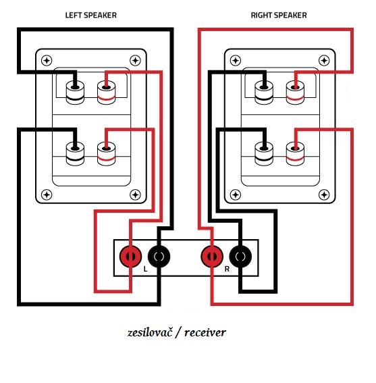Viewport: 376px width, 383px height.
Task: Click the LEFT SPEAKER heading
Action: (91, 15)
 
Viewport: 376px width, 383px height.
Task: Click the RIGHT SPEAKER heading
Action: (279, 15)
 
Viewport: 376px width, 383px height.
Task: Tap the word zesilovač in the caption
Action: (150, 333)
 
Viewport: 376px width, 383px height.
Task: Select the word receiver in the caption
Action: (205, 333)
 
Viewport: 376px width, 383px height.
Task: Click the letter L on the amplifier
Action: (146, 269)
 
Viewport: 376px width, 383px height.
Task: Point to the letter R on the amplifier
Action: (227, 269)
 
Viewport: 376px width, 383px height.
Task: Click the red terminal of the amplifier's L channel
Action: (131, 257)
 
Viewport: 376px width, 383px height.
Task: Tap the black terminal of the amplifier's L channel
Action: (159, 257)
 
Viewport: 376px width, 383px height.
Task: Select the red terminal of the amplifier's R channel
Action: (212, 257)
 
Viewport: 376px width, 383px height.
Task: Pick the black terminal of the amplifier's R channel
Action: (240, 257)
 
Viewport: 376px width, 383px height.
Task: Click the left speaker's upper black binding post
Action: (75, 93)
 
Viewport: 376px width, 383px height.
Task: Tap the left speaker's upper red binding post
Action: (106, 93)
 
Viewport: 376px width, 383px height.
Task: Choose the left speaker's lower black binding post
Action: (75, 154)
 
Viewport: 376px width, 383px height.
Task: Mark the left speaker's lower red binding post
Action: (106, 154)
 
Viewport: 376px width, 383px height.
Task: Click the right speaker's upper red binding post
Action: (295, 93)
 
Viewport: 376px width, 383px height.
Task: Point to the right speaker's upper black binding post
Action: (264, 93)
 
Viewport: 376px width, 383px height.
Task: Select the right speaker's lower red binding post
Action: (295, 154)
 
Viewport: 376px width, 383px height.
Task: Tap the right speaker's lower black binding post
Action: (264, 154)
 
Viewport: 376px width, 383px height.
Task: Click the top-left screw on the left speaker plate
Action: (47, 61)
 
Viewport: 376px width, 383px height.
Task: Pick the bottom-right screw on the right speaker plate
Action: (324, 195)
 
